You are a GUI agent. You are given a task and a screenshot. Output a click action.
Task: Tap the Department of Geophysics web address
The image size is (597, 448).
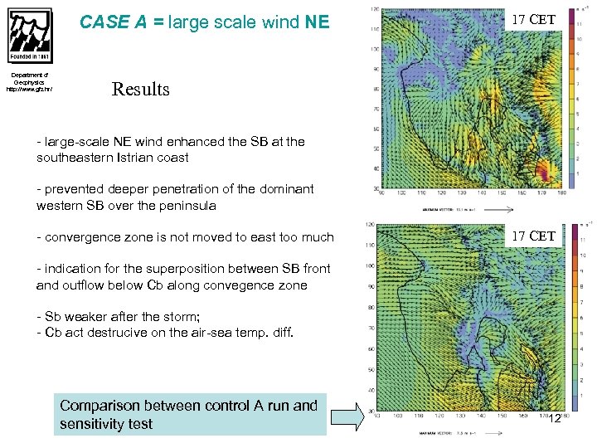point(29,90)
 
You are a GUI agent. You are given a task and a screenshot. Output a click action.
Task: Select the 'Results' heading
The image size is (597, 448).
point(140,89)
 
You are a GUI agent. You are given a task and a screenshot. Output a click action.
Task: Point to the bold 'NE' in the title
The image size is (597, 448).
point(317,22)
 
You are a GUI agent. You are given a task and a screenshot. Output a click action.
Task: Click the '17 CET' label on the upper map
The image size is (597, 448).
point(533,20)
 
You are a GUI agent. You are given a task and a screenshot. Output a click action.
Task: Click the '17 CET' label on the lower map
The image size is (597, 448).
point(533,236)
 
